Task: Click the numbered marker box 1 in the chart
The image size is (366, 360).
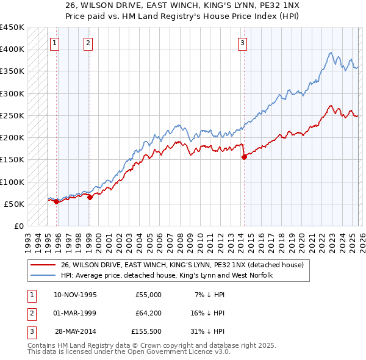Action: click(x=55, y=43)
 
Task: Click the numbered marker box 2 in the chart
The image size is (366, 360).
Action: click(x=88, y=43)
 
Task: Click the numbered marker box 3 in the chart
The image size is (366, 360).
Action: click(x=242, y=43)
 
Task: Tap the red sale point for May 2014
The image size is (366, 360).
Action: click(x=244, y=157)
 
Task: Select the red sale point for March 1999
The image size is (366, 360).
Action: click(x=90, y=197)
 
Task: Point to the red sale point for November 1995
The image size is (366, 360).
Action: click(x=56, y=201)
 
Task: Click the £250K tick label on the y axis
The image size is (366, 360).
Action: click(x=12, y=115)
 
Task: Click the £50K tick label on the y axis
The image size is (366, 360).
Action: click(x=14, y=204)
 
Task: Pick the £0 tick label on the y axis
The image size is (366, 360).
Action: click(x=18, y=226)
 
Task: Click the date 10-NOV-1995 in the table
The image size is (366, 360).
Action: click(x=75, y=294)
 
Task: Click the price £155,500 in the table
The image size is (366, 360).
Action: click(x=146, y=332)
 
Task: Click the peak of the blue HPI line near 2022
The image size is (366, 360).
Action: click(x=330, y=52)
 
